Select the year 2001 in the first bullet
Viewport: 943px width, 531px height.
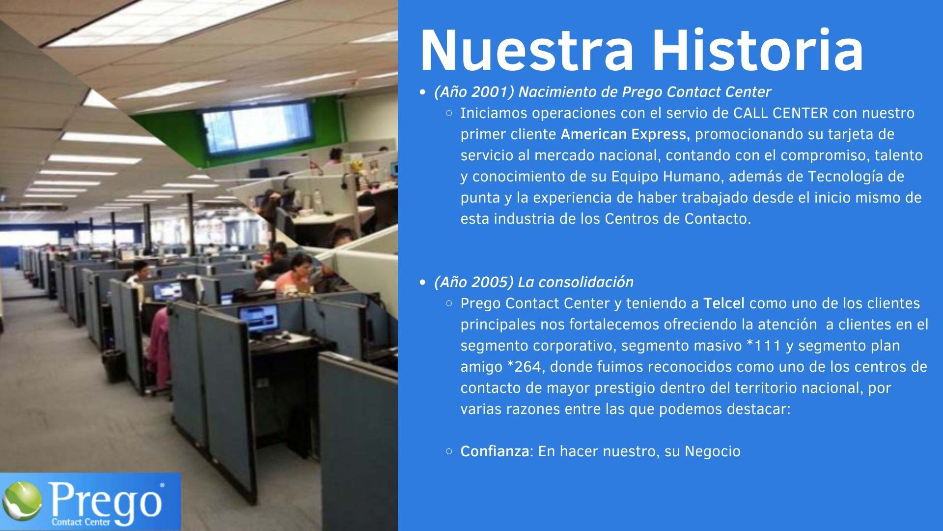click(493, 92)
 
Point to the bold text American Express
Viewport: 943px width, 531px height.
click(625, 134)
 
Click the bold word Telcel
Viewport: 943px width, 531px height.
click(724, 303)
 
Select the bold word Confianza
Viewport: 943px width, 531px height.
click(495, 451)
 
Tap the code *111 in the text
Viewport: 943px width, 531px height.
click(763, 346)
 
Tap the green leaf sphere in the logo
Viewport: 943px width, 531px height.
click(22, 502)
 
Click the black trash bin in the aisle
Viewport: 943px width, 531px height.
click(114, 365)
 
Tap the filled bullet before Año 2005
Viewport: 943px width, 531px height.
click(423, 283)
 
